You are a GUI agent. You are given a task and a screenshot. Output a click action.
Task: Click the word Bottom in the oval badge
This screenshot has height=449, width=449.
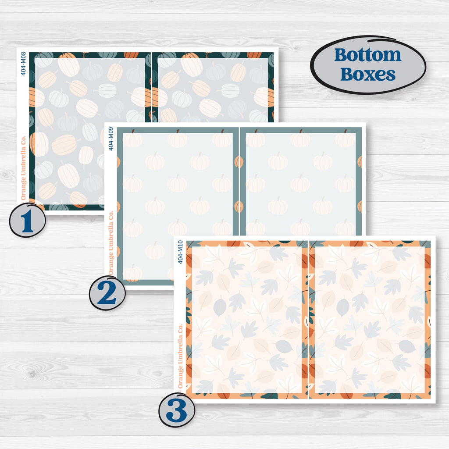(368, 55)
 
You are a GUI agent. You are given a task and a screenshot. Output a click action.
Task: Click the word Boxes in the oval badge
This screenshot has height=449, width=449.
(368, 74)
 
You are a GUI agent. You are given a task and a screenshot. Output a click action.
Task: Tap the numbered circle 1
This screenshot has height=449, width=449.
(28, 220)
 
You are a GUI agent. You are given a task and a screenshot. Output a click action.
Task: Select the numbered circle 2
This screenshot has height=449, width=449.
(107, 292)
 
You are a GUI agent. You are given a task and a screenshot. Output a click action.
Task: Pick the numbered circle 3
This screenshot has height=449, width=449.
(177, 410)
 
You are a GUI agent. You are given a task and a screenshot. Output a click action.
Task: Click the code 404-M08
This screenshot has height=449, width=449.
(23, 64)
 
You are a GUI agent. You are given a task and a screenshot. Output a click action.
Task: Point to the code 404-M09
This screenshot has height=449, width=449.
(111, 139)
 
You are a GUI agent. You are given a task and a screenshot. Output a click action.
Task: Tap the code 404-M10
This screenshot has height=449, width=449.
(180, 252)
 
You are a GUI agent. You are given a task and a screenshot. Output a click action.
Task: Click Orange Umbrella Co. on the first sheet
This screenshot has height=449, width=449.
(23, 168)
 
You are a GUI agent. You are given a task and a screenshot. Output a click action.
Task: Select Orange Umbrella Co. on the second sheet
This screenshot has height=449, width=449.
(111, 243)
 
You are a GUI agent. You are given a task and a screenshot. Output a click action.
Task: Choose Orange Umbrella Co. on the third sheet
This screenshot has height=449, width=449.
(180, 356)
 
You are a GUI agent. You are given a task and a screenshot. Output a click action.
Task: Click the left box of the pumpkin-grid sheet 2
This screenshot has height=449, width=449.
(178, 206)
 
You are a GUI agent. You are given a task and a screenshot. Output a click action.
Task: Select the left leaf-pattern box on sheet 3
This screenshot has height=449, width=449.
(247, 320)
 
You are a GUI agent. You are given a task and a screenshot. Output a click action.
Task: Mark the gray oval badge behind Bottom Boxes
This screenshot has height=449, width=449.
(368, 65)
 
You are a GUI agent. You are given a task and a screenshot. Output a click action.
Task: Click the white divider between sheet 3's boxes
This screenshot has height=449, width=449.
(308, 320)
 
